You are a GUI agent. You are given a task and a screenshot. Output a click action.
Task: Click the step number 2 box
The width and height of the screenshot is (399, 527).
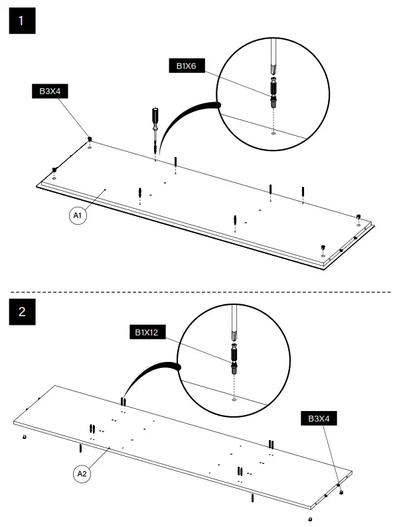[21, 312]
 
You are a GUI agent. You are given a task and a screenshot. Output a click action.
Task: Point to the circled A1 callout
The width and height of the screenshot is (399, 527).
[78, 215]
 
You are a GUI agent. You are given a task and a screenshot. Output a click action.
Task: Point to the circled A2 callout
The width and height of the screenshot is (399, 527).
[82, 473]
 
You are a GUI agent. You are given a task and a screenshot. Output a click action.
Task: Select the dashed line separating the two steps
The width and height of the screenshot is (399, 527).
[199, 292]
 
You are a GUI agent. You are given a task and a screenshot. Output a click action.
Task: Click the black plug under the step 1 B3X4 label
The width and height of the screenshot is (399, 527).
[90, 139]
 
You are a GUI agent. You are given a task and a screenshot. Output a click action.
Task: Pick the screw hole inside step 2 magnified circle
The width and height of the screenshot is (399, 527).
[234, 400]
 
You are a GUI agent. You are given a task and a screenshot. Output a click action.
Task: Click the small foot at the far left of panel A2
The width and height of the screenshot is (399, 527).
[25, 438]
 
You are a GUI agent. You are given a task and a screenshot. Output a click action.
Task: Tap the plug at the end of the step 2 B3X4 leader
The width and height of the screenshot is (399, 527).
[341, 492]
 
